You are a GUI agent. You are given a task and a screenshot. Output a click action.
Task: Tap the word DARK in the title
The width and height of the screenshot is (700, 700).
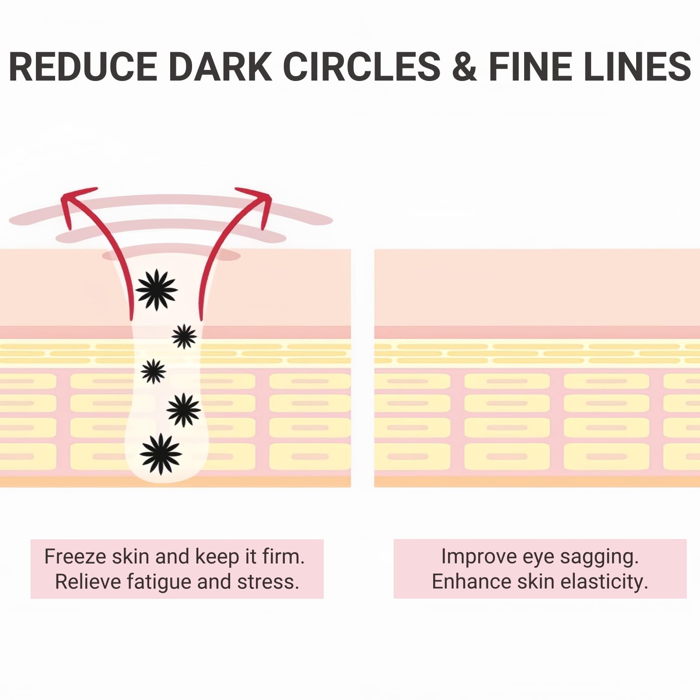220,66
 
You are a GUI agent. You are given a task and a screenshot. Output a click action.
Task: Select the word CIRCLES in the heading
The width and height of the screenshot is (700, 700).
362,66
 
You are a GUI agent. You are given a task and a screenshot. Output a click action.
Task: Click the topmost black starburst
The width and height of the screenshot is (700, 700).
157,290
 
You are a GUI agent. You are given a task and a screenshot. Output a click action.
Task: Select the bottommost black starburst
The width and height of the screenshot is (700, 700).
161,454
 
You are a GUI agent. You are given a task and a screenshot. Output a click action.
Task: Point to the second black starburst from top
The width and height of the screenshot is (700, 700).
184,336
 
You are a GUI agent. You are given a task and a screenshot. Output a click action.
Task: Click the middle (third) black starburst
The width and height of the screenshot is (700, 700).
154,371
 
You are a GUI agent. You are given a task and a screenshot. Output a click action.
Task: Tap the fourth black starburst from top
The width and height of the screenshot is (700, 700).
184,410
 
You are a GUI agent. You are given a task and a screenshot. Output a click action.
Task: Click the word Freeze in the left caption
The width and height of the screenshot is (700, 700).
75,556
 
